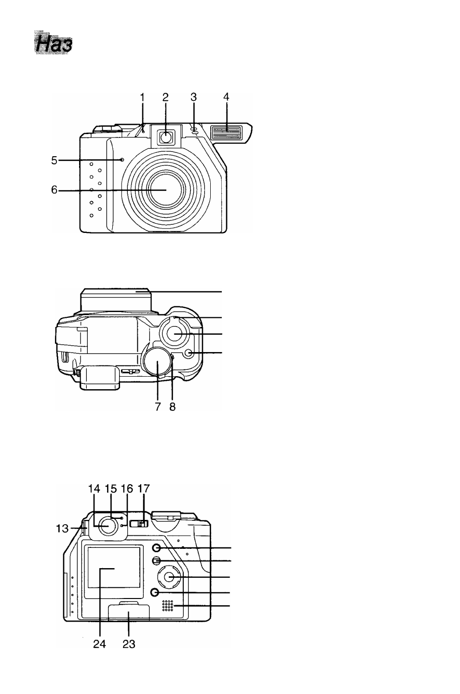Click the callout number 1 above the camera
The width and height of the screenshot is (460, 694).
[x=142, y=97]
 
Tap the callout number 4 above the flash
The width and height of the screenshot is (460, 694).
[x=226, y=97]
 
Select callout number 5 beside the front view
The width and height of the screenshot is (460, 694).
[x=54, y=161]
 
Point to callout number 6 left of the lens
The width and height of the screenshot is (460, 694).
[x=54, y=190]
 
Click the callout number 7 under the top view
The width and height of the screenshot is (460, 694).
[x=158, y=407]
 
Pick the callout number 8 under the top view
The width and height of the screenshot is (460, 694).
[x=173, y=407]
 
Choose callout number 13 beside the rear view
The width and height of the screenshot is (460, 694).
[x=62, y=528]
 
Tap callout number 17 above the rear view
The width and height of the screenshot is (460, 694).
[x=143, y=489]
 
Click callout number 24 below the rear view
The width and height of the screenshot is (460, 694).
[x=99, y=644]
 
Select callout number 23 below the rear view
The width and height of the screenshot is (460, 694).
[x=129, y=644]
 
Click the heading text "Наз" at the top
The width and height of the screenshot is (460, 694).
[x=53, y=44]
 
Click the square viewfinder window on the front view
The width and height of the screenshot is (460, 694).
[x=166, y=136]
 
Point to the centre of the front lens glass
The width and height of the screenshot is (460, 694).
[x=166, y=190]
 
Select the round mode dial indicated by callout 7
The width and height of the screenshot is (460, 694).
[x=158, y=363]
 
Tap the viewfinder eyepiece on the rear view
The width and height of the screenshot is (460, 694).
[x=107, y=526]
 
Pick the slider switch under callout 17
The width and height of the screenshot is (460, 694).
[x=139, y=524]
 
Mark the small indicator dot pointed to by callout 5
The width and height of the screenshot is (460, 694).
[x=122, y=160]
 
